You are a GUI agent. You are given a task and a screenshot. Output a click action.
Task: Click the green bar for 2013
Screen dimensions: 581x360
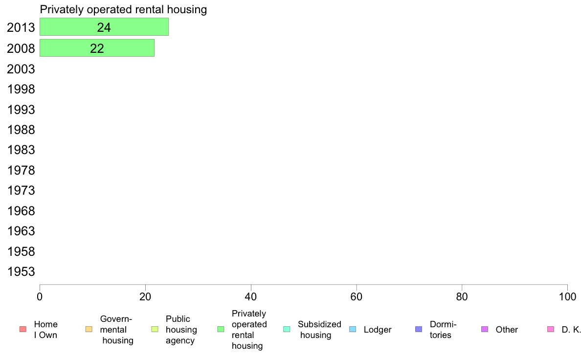pyautogui.click(x=104, y=27)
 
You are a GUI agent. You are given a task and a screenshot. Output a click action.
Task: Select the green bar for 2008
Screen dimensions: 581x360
pyautogui.click(x=97, y=48)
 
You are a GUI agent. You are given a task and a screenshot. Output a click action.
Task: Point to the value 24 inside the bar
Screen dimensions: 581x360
pyautogui.click(x=104, y=27)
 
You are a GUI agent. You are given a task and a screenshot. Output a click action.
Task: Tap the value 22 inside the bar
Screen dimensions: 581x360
pyautogui.click(x=97, y=48)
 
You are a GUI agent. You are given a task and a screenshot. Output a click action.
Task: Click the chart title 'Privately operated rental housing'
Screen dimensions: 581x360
pyautogui.click(x=123, y=9)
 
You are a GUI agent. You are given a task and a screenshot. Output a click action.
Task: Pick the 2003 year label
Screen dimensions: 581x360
pyautogui.click(x=21, y=69)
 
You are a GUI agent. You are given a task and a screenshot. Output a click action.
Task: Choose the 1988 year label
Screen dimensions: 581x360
pyautogui.click(x=21, y=130)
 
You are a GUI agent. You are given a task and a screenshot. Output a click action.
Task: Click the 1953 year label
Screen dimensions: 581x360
pyautogui.click(x=21, y=271)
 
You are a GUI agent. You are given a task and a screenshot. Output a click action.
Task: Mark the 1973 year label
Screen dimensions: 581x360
pyautogui.click(x=21, y=191)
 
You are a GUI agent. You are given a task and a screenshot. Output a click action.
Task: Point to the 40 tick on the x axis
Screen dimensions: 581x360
pyautogui.click(x=251, y=296)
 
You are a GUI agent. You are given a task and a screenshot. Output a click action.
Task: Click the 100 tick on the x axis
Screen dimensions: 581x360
pyautogui.click(x=567, y=296)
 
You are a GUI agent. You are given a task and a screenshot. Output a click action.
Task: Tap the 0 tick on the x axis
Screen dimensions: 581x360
pyautogui.click(x=40, y=296)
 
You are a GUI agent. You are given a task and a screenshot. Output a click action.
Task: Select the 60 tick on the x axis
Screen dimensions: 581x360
pyautogui.click(x=357, y=296)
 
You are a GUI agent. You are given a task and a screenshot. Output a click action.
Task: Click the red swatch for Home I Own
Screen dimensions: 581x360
pyautogui.click(x=23, y=329)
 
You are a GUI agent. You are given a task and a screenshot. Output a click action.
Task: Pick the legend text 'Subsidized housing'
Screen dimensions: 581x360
pyautogui.click(x=319, y=330)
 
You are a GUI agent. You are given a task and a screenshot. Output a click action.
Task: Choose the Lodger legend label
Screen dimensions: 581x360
pyautogui.click(x=378, y=330)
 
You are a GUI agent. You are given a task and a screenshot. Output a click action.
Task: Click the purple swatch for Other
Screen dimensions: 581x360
pyautogui.click(x=484, y=329)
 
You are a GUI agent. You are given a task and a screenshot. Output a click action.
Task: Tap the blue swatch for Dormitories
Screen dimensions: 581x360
pyautogui.click(x=419, y=329)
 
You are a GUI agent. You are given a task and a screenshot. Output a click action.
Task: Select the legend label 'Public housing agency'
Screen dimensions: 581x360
pyautogui.click(x=181, y=330)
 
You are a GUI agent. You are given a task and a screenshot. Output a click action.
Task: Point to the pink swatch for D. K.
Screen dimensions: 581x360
pyautogui.click(x=551, y=329)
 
